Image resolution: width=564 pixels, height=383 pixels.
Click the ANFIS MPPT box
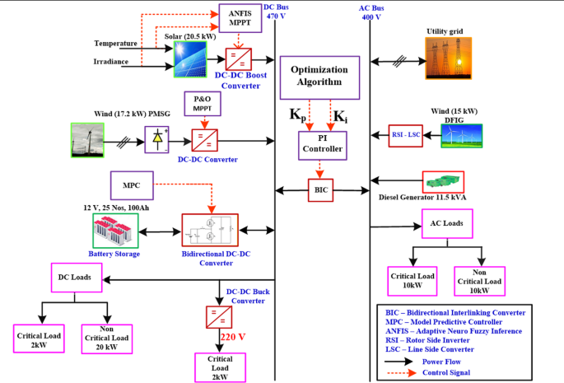[x=240, y=18]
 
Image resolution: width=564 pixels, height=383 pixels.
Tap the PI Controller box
[x=321, y=145]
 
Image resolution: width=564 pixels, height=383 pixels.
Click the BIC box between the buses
[x=321, y=190]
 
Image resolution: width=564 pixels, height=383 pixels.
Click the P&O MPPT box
[x=202, y=104]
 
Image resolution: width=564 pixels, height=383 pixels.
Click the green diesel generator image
[x=443, y=181]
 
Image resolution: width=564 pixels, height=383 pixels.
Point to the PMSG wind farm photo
[x=96, y=140]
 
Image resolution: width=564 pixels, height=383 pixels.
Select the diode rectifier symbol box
[x=157, y=140]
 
